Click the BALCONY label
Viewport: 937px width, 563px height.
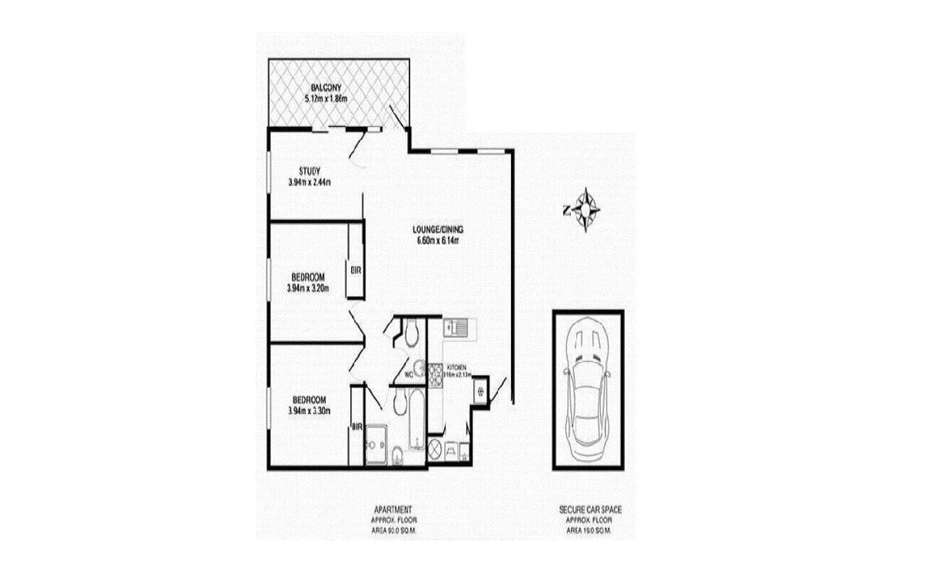point(326,88)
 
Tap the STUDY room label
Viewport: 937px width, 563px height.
point(310,172)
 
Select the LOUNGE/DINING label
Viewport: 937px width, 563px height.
point(438,229)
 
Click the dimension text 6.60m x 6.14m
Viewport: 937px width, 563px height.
point(438,241)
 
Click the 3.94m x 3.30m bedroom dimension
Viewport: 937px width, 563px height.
point(310,411)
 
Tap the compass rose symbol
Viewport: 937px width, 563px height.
point(587,210)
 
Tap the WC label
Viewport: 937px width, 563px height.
point(409,375)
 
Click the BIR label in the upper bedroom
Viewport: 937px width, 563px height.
point(356,270)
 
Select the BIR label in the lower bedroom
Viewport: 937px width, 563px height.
point(356,427)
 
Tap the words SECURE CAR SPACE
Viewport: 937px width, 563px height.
point(590,510)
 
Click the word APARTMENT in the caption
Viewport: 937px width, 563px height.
point(392,510)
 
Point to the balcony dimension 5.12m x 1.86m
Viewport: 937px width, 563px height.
point(326,99)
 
